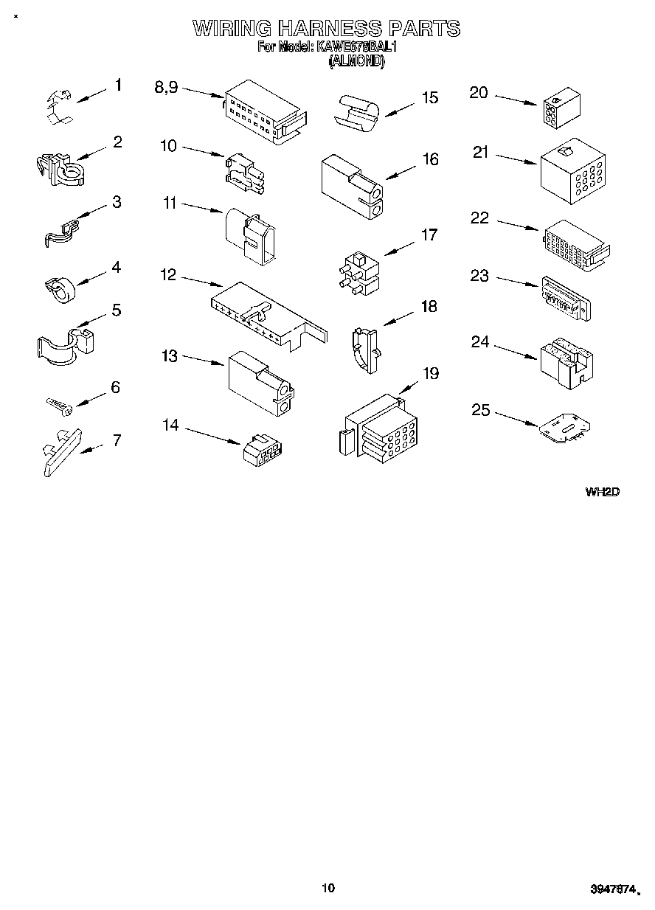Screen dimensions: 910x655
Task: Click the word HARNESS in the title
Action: [x=330, y=29]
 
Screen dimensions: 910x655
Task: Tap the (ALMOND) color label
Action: [x=357, y=63]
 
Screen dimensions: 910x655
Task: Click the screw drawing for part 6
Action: [x=57, y=404]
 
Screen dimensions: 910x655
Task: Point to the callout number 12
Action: [x=168, y=275]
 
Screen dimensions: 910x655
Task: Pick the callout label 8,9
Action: [x=166, y=87]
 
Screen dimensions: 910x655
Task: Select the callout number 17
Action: [x=429, y=235]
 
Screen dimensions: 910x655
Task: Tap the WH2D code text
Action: [x=601, y=492]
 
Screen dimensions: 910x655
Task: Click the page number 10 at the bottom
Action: [x=328, y=888]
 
